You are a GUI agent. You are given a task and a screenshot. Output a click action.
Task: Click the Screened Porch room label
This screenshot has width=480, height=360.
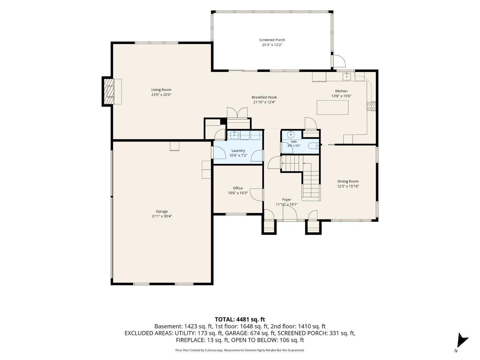point(272,40)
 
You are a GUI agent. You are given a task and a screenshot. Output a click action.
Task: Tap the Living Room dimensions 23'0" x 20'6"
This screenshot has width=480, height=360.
point(161,95)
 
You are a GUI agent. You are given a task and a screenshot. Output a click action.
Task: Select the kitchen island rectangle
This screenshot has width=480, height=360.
point(332,107)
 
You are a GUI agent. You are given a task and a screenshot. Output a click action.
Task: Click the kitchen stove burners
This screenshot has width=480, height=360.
point(371,106)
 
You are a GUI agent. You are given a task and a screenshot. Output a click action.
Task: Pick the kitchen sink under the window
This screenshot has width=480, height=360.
point(347,76)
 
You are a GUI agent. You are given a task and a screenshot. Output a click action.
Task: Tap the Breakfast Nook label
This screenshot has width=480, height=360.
point(264,97)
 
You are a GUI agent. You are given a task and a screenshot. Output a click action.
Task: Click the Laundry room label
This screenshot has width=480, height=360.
point(238,151)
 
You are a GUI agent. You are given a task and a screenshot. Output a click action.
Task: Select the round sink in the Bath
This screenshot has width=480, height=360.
point(291,135)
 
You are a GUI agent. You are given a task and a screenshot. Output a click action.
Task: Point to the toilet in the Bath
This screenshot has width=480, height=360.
point(314,145)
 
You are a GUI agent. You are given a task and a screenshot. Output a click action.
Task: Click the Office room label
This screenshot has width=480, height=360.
point(238,188)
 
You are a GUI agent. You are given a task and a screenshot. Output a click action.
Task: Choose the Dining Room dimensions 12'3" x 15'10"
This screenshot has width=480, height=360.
point(348,186)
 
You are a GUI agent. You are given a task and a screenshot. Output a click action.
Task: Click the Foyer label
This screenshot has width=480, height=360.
point(286,200)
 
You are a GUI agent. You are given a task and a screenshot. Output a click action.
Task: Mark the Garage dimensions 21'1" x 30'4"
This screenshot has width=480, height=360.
point(162,216)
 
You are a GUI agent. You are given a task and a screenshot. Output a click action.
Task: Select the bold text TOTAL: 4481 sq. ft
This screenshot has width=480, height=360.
point(240,320)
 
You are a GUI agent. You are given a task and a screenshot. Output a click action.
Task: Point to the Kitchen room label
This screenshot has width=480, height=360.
point(341,91)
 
